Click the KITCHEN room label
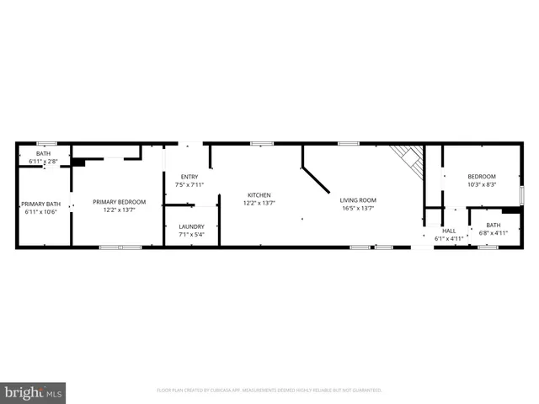point(259,195)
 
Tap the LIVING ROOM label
point(357,200)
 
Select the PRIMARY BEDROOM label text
point(119,202)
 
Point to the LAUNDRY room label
point(191,226)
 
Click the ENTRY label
point(189,177)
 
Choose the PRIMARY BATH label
point(40,204)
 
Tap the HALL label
point(449,231)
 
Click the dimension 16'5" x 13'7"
point(357,208)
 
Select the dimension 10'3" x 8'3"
point(482,184)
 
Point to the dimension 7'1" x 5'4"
point(191,234)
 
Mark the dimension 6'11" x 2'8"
point(43,160)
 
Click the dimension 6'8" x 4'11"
point(493,232)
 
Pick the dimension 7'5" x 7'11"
point(189,184)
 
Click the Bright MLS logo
point(34,391)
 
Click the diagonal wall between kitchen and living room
point(317,179)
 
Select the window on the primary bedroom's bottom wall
point(120,247)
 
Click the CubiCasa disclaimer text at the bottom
point(269,391)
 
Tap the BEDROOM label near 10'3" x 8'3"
point(482,177)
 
